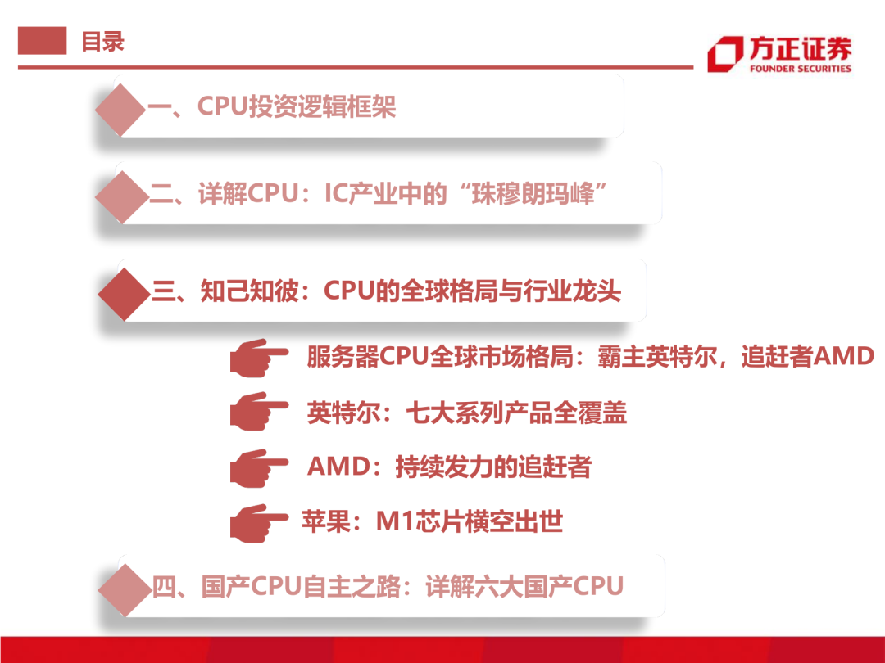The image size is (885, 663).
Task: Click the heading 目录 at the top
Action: tap(102, 41)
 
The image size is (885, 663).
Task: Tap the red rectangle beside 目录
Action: tap(42, 41)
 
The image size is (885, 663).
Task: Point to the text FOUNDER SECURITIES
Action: tap(800, 69)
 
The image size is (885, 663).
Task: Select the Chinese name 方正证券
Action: tap(800, 48)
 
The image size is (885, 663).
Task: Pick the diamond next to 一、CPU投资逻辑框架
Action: tap(120, 108)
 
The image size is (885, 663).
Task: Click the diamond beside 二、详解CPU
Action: tap(121, 195)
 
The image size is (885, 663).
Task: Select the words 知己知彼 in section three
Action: tap(251, 291)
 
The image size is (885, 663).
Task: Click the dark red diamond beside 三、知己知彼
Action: tap(123, 291)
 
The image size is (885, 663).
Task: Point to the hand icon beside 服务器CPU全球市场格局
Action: tap(257, 358)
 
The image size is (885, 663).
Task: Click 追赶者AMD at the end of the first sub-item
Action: tap(807, 357)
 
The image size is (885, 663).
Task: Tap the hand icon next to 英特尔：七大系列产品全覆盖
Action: tap(257, 412)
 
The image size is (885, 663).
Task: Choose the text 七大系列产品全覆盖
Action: tap(516, 413)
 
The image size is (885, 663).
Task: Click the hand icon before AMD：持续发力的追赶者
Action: tap(257, 467)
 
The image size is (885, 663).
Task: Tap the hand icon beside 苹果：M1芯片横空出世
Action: tap(257, 521)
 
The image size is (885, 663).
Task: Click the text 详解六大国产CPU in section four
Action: tap(524, 587)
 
